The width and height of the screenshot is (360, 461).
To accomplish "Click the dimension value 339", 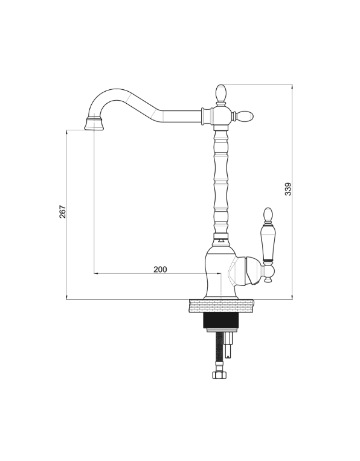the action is (288, 189).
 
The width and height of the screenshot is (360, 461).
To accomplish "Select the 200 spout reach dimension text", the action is (160, 269).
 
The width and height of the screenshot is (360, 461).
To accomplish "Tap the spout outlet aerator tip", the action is (94, 124).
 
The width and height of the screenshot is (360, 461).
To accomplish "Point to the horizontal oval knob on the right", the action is (245, 116).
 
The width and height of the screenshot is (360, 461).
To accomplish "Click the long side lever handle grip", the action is (268, 241).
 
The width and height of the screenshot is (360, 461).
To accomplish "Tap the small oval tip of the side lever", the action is (268, 214).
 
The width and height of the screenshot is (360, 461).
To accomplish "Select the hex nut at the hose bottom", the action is (220, 375).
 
